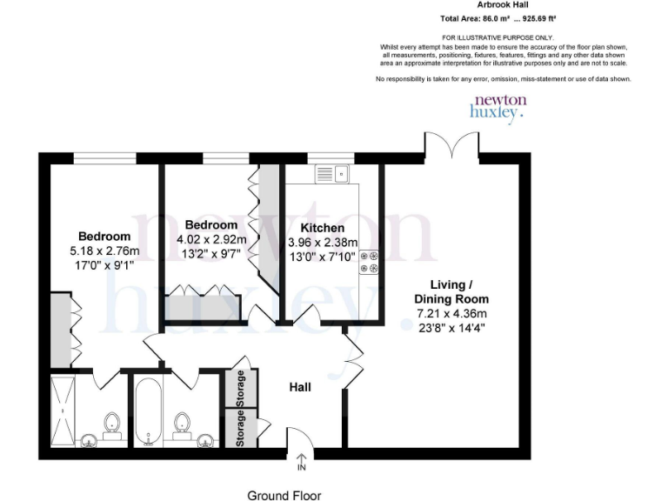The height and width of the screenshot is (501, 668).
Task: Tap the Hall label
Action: coord(300,386)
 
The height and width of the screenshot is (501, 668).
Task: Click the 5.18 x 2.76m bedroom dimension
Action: coord(104,250)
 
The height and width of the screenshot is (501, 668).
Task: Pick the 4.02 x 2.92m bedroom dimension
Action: coord(211,239)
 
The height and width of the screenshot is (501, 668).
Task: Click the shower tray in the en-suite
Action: coord(63,408)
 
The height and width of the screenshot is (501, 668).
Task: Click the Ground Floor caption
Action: coord(284,496)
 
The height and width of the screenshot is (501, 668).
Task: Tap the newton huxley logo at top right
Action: coord(498,106)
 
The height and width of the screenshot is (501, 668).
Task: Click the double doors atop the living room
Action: coord(452,145)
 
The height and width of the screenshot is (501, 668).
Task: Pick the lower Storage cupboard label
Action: coord(241,429)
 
